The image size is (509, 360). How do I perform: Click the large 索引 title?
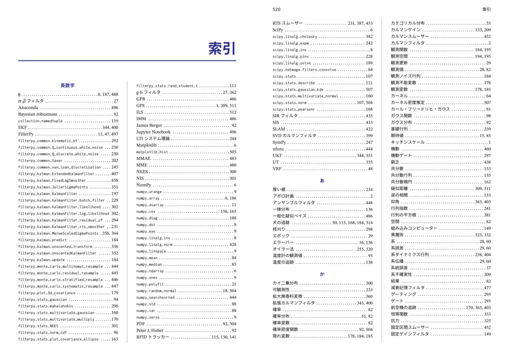point(222,49)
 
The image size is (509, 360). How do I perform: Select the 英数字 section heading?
point(68,86)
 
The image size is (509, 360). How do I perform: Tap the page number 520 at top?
point(277,9)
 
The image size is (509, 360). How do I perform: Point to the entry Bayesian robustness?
point(38,114)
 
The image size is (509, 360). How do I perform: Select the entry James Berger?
point(149,126)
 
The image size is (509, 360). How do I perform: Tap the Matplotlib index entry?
point(146,145)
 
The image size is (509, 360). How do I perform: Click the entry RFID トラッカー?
point(153,337)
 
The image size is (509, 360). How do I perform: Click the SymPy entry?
point(279,142)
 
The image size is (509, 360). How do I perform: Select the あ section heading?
point(322,180)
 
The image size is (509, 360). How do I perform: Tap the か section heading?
point(322,274)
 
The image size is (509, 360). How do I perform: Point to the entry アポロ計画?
point(284,196)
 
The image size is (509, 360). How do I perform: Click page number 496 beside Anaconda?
point(115,107)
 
